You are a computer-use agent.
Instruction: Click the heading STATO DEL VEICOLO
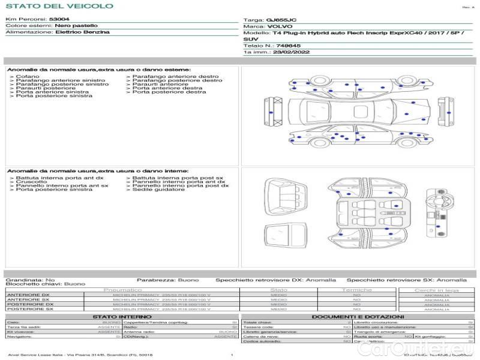pyautogui.click(x=59, y=7)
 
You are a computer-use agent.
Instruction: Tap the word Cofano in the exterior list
pyautogui.click(x=28, y=77)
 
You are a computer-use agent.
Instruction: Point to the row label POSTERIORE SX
pyautogui.click(x=29, y=309)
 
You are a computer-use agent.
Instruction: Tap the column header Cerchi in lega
pyautogui.click(x=436, y=290)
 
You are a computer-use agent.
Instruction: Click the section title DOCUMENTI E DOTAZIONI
pyautogui.click(x=358, y=316)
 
